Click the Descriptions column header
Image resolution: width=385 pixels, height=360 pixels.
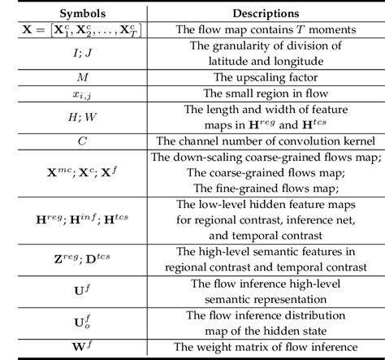[x=261, y=14]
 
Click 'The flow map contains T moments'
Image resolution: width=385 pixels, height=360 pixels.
[x=262, y=31]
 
